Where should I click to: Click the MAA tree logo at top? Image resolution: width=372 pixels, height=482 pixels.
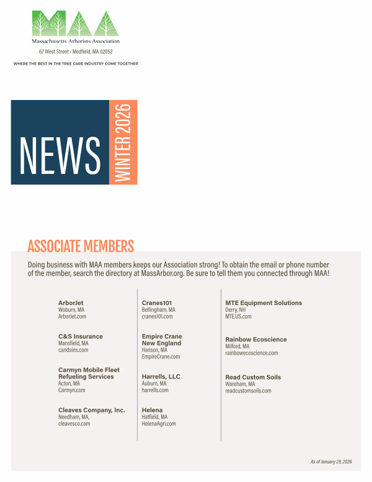tap(75, 23)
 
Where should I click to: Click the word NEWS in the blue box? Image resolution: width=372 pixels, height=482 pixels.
tap(60, 154)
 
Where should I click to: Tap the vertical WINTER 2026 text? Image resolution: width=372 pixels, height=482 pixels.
tap(123, 142)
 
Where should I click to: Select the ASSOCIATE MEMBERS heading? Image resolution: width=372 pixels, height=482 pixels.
tap(81, 247)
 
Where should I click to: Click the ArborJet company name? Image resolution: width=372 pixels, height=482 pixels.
tap(71, 303)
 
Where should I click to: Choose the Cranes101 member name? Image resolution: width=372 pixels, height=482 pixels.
tap(157, 303)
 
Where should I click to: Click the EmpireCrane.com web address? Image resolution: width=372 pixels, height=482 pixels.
tap(161, 357)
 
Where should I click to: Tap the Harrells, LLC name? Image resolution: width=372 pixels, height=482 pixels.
tap(161, 376)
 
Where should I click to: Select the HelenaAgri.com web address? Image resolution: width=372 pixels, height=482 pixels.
tap(159, 424)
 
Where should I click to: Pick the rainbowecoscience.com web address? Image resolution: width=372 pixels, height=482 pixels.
tap(251, 353)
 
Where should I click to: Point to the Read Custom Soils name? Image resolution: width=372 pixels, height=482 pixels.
tap(253, 377)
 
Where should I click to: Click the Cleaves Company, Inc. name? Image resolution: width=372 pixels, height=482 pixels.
tap(92, 410)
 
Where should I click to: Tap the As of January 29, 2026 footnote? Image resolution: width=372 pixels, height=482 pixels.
tap(330, 462)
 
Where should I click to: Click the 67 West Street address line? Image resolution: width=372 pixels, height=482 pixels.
tap(76, 52)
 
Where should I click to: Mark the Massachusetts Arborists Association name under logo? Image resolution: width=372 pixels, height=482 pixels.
tap(76, 41)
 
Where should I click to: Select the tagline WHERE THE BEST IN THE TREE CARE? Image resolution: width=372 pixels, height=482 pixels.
tap(76, 63)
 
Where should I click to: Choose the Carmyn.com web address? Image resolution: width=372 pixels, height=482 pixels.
tap(72, 390)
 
